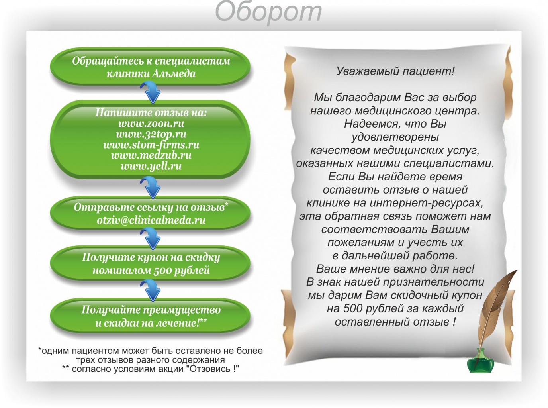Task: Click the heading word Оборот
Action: click(x=268, y=12)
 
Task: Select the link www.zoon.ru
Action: click(x=151, y=123)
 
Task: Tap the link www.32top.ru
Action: click(x=151, y=134)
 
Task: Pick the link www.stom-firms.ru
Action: click(x=151, y=145)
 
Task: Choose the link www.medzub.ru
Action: click(x=151, y=155)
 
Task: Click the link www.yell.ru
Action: click(x=151, y=166)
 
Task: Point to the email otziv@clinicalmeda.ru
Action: click(x=151, y=220)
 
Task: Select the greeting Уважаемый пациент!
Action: click(x=395, y=71)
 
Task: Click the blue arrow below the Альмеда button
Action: click(x=151, y=93)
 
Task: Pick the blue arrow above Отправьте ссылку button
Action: click(x=151, y=187)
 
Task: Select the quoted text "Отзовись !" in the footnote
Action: click(x=213, y=369)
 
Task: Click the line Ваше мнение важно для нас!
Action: click(x=395, y=269)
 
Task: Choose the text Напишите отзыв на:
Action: click(x=151, y=112)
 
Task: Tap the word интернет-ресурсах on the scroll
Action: click(x=427, y=203)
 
